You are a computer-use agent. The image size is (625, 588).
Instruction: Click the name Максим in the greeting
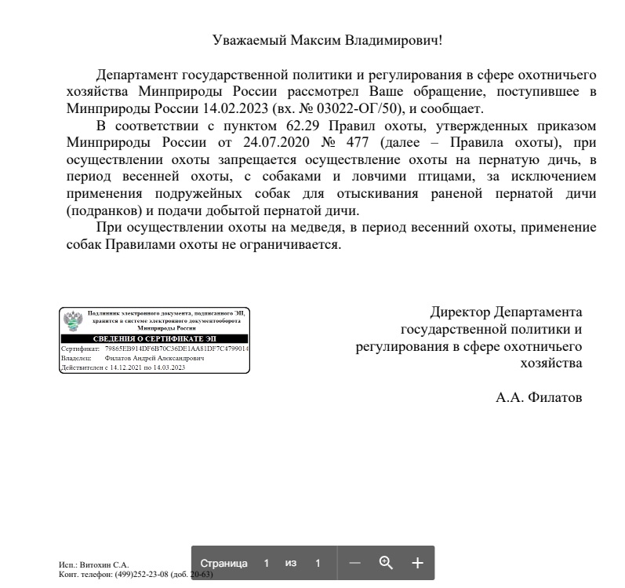click(x=314, y=39)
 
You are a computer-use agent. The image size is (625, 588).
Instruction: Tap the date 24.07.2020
click(x=253, y=143)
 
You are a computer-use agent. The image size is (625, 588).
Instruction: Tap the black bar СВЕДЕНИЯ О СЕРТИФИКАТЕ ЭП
click(x=154, y=338)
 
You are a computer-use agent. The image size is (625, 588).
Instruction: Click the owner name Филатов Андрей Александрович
click(x=154, y=357)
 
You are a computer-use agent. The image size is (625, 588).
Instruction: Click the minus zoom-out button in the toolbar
click(x=354, y=563)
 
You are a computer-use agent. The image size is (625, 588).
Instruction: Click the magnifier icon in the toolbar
click(x=385, y=562)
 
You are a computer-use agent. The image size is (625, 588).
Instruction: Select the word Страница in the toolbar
click(x=224, y=563)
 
